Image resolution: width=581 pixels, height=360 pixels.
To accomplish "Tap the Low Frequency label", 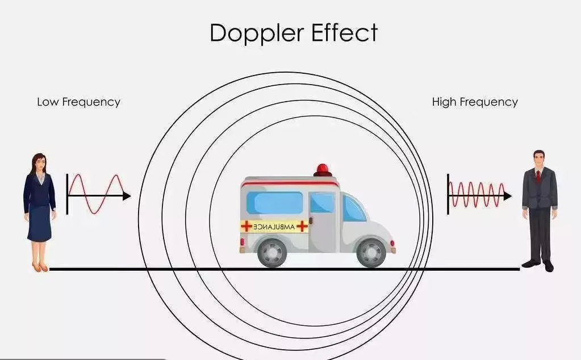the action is point(78,102).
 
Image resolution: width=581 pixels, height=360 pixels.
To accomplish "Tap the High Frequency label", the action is point(475,102).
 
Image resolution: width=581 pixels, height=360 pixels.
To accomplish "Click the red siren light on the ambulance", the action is point(323,169).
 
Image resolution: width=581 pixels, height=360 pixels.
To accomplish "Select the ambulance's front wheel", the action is point(371,252).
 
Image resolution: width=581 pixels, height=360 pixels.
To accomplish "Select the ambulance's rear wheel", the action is point(272,252).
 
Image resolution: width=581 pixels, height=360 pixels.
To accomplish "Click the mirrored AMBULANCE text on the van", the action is point(274,227).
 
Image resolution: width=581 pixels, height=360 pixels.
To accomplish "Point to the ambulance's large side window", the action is point(275,203).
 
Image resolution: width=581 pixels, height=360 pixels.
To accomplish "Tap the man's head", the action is point(538,160).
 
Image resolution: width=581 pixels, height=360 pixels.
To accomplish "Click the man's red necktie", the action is point(538,177).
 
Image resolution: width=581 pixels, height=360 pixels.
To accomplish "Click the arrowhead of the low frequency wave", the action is point(127,196).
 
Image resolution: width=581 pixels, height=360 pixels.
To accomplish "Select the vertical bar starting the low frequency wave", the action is point(68,194).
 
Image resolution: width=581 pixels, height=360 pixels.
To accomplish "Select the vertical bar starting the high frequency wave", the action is point(448,194).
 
